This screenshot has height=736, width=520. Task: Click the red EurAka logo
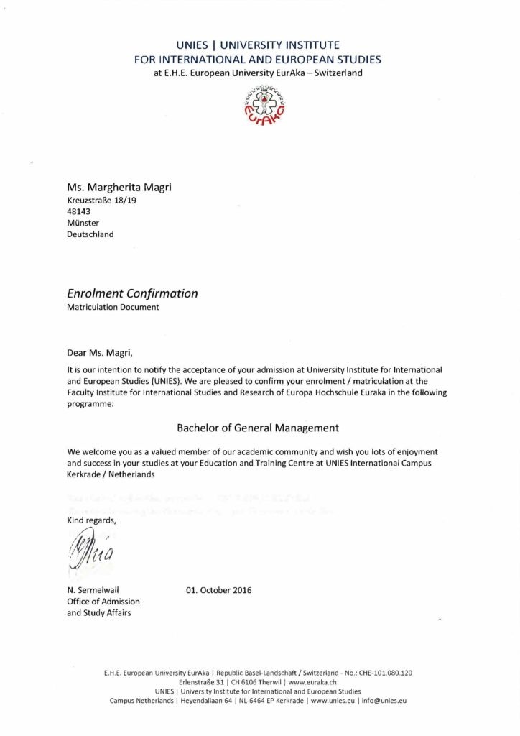[260, 104]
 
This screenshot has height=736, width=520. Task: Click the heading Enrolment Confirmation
[132, 293]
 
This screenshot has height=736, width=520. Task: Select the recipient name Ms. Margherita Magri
[119, 188]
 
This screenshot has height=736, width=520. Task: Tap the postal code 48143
[78, 212]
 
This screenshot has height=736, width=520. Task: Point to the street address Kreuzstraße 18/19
[101, 201]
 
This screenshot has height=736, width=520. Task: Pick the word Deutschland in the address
[90, 234]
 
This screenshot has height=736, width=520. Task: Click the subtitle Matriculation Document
[113, 307]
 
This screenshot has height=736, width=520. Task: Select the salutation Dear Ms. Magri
[100, 352]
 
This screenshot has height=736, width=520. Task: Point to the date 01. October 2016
[219, 591]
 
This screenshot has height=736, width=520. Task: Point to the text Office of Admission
[103, 602]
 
